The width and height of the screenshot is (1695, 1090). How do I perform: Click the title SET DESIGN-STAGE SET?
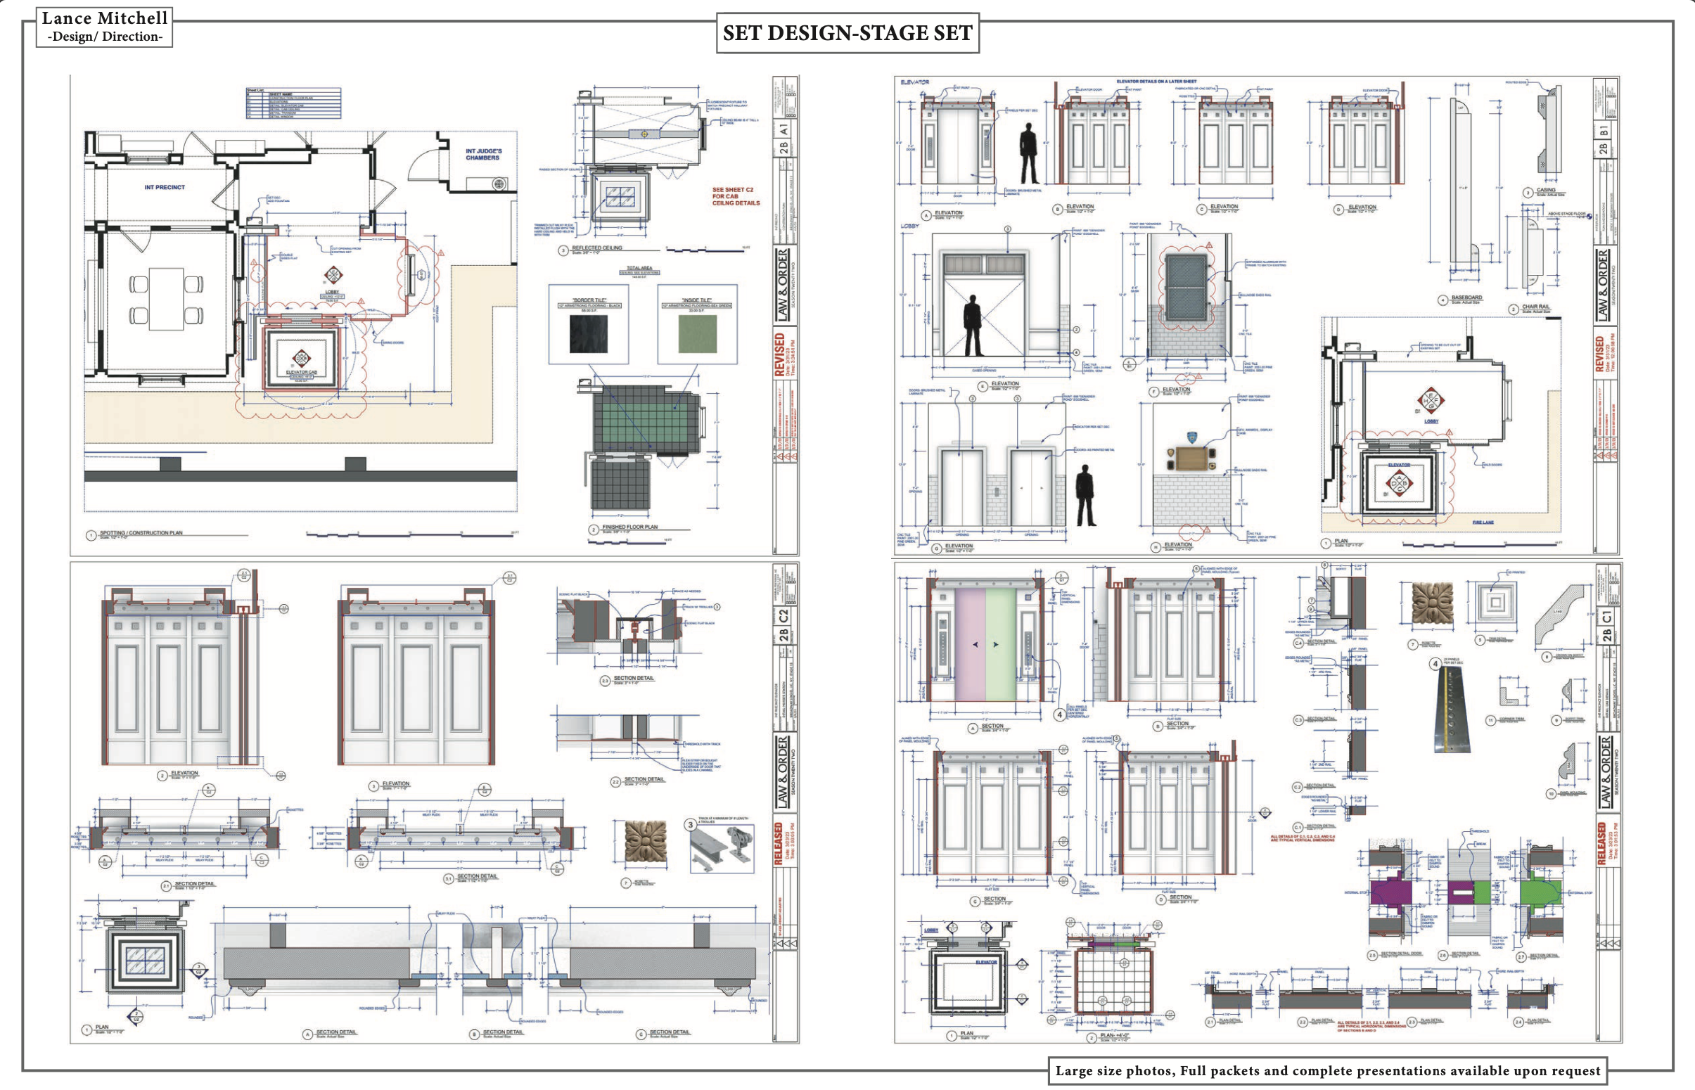[x=847, y=33]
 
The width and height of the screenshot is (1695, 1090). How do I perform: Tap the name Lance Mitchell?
[x=105, y=18]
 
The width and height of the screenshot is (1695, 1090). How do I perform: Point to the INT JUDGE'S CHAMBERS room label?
[x=482, y=154]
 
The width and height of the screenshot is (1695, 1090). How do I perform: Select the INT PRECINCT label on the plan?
[x=164, y=188]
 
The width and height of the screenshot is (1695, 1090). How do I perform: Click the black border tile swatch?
[x=588, y=334]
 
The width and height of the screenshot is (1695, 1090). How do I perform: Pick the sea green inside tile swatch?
[x=697, y=334]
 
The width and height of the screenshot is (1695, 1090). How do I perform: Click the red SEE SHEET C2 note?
[x=736, y=197]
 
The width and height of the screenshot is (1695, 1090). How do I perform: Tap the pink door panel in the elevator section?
[x=970, y=644]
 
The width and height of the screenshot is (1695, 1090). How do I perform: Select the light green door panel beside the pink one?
[x=1001, y=644]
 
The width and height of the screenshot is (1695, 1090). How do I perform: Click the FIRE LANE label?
[x=1483, y=522]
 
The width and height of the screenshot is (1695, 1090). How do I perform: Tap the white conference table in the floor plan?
[x=166, y=299]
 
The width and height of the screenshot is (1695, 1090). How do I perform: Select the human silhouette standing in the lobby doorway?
[x=973, y=326]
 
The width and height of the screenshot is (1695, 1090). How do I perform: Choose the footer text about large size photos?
[x=1328, y=1071]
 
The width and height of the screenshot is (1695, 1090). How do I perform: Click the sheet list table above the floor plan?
[x=293, y=103]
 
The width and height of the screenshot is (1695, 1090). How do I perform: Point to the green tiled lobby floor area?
[x=641, y=418]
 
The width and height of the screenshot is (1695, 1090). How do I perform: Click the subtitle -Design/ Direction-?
[x=105, y=37]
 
